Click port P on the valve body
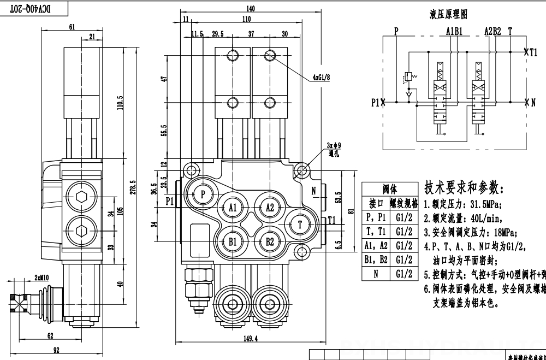click(203, 194)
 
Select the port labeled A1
click(233, 208)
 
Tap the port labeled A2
click(270, 208)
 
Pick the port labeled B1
click(233, 241)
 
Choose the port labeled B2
click(270, 241)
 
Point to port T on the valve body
click(300, 224)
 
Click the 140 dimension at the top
click(251, 9)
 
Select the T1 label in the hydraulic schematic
click(533, 52)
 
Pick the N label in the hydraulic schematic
click(533, 102)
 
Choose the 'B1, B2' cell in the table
click(375, 259)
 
